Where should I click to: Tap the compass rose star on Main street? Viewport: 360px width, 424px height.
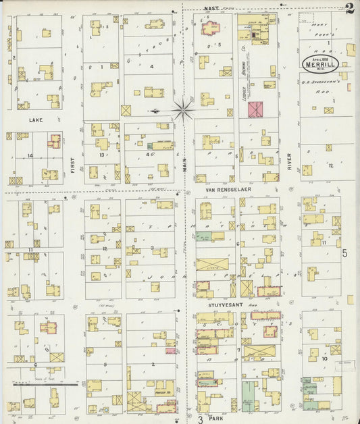[x=183, y=109]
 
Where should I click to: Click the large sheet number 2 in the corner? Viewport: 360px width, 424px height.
[x=349, y=9]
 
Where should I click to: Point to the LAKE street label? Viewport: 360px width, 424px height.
[x=35, y=119]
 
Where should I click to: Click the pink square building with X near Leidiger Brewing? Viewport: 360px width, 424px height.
[x=255, y=109]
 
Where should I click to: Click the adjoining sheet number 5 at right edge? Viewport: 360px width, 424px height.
[x=344, y=254]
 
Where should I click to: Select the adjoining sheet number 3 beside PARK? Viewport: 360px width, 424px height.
[x=201, y=418]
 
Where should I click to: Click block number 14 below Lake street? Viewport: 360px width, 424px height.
[x=30, y=155]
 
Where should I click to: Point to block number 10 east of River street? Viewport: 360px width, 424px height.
[x=325, y=359]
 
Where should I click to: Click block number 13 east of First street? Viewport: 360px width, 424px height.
[x=101, y=155]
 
